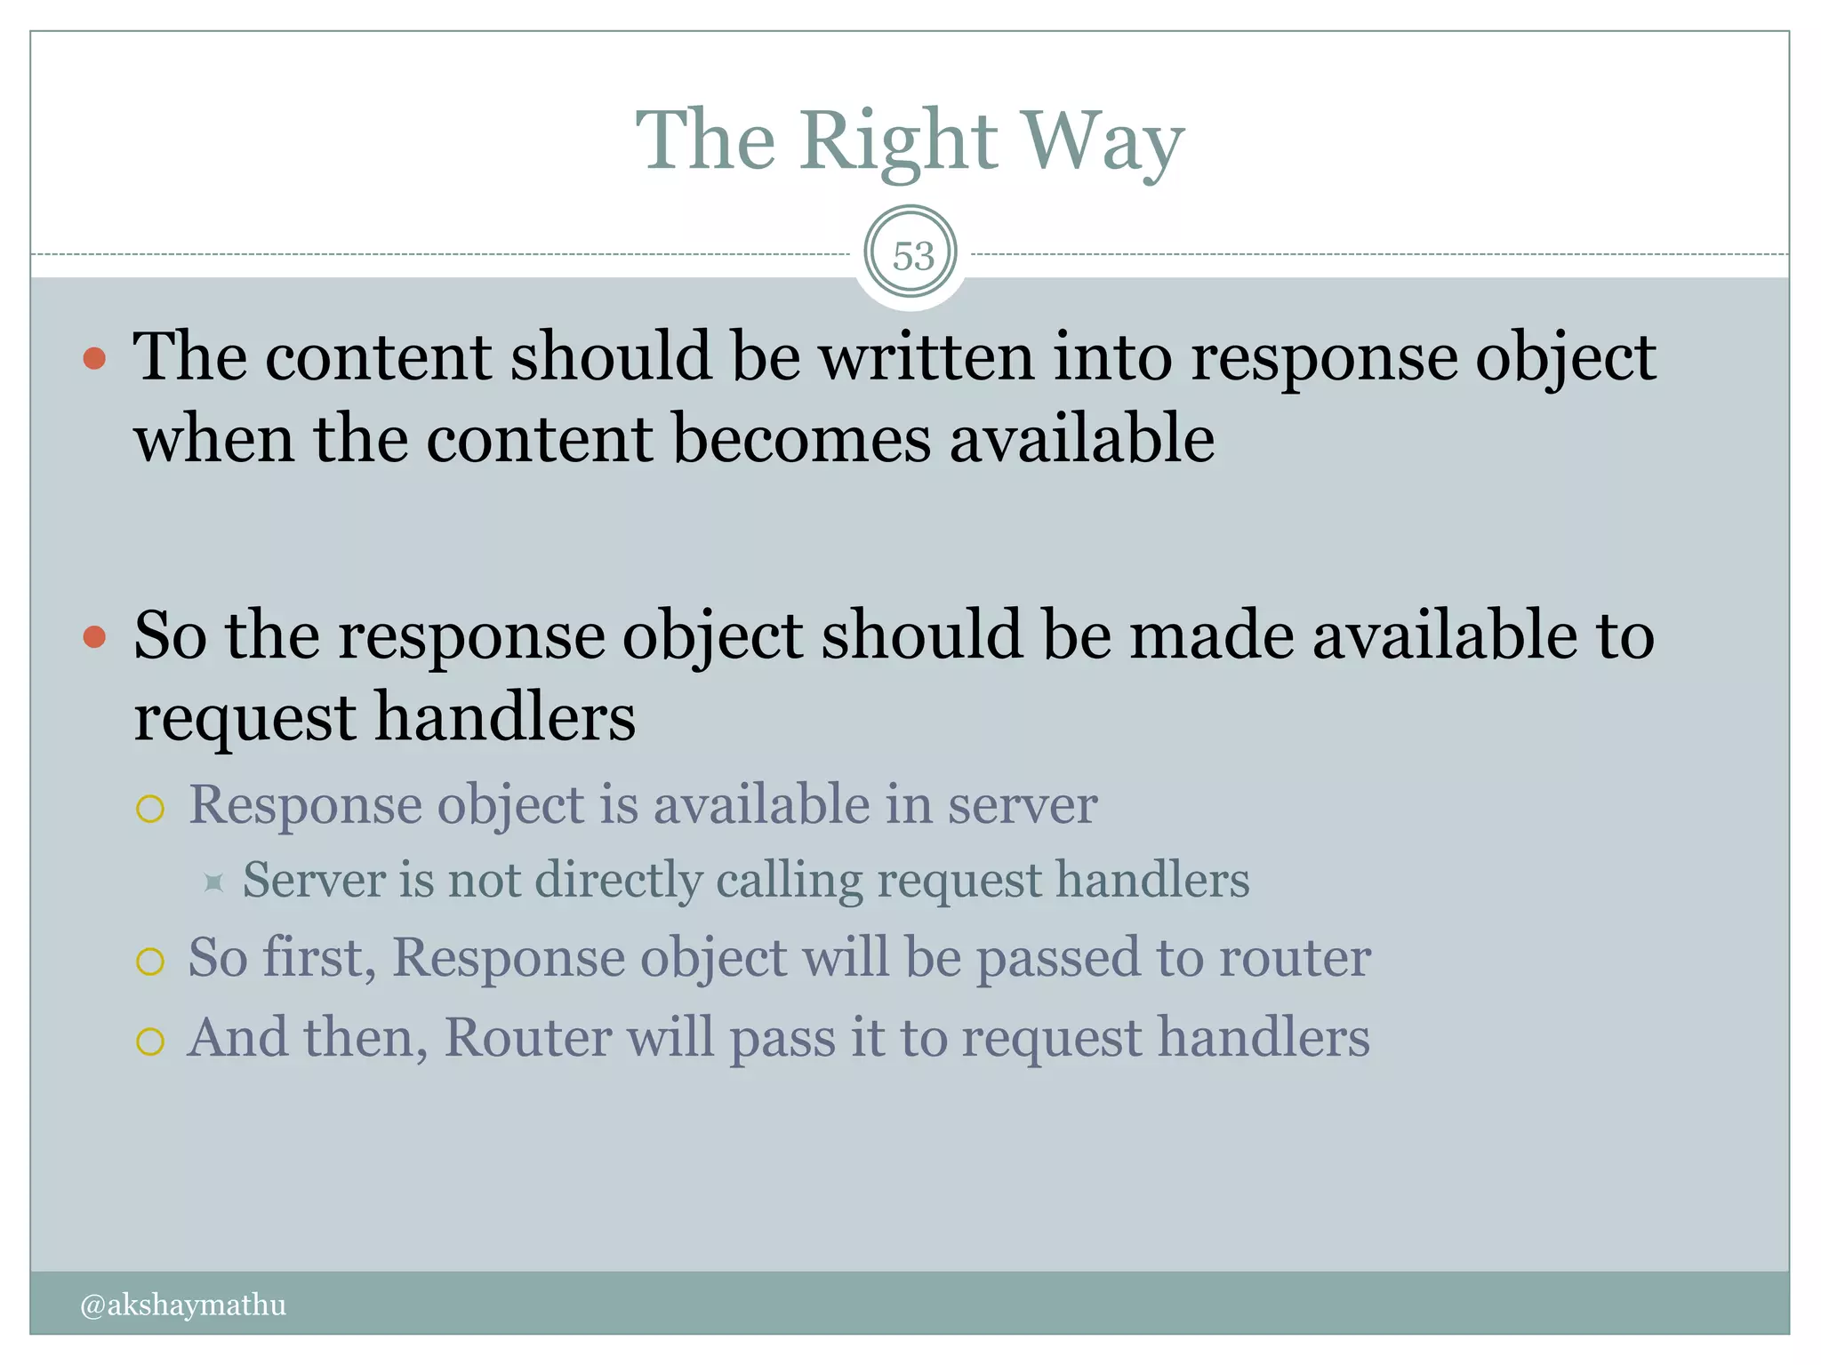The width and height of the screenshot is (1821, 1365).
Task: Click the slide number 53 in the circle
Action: pyautogui.click(x=912, y=256)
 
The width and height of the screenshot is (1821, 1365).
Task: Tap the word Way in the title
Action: pyautogui.click(x=1103, y=142)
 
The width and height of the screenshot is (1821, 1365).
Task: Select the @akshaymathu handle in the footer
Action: pyautogui.click(x=183, y=1305)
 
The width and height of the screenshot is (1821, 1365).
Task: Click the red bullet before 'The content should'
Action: pyautogui.click(x=94, y=359)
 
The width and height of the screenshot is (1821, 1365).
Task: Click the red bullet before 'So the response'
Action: pyautogui.click(x=94, y=637)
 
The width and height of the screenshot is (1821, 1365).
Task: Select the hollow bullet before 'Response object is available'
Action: pyautogui.click(x=150, y=809)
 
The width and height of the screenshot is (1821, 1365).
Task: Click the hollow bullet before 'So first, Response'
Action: pyautogui.click(x=150, y=962)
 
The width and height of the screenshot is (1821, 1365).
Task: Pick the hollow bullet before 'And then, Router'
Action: pyautogui.click(x=150, y=1041)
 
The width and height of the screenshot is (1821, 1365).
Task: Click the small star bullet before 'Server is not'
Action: pyautogui.click(x=213, y=882)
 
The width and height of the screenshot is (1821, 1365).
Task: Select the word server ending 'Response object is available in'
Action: pyautogui.click(x=1022, y=805)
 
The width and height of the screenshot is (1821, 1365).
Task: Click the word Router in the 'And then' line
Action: pyautogui.click(x=527, y=1037)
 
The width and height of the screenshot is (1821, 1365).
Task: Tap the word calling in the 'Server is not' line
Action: pyautogui.click(x=789, y=880)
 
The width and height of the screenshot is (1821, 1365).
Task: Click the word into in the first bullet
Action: pyautogui.click(x=1112, y=357)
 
